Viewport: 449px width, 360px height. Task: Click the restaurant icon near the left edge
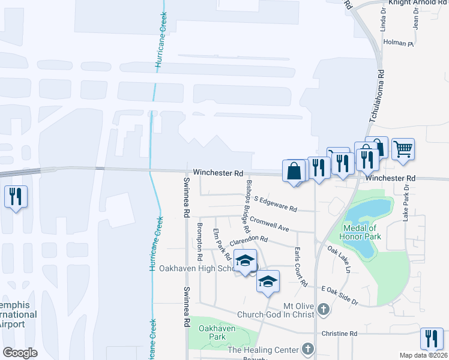pos(16,196)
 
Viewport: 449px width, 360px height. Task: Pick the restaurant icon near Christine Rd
pos(432,338)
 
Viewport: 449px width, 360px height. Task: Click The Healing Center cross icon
pos(307,349)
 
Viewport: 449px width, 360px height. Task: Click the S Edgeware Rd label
pos(276,203)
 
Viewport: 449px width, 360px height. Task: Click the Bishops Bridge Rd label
pos(246,206)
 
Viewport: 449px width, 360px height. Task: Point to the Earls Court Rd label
pos(300,266)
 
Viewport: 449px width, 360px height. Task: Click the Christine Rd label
pos(339,334)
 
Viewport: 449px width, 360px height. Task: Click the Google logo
pos(20,353)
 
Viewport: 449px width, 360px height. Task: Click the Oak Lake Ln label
pos(339,257)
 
